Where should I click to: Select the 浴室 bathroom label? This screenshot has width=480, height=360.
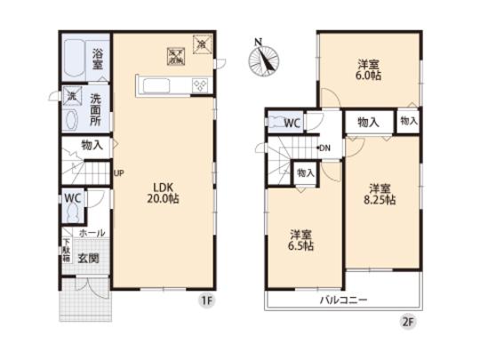click(x=98, y=59)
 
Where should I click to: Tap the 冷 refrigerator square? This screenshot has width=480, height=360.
click(x=201, y=43)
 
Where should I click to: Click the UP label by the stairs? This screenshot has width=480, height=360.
click(x=118, y=173)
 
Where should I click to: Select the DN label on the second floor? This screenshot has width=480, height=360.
click(x=325, y=148)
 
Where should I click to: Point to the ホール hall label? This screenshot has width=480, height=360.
click(x=92, y=233)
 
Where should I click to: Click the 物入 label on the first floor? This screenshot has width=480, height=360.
click(x=92, y=143)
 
